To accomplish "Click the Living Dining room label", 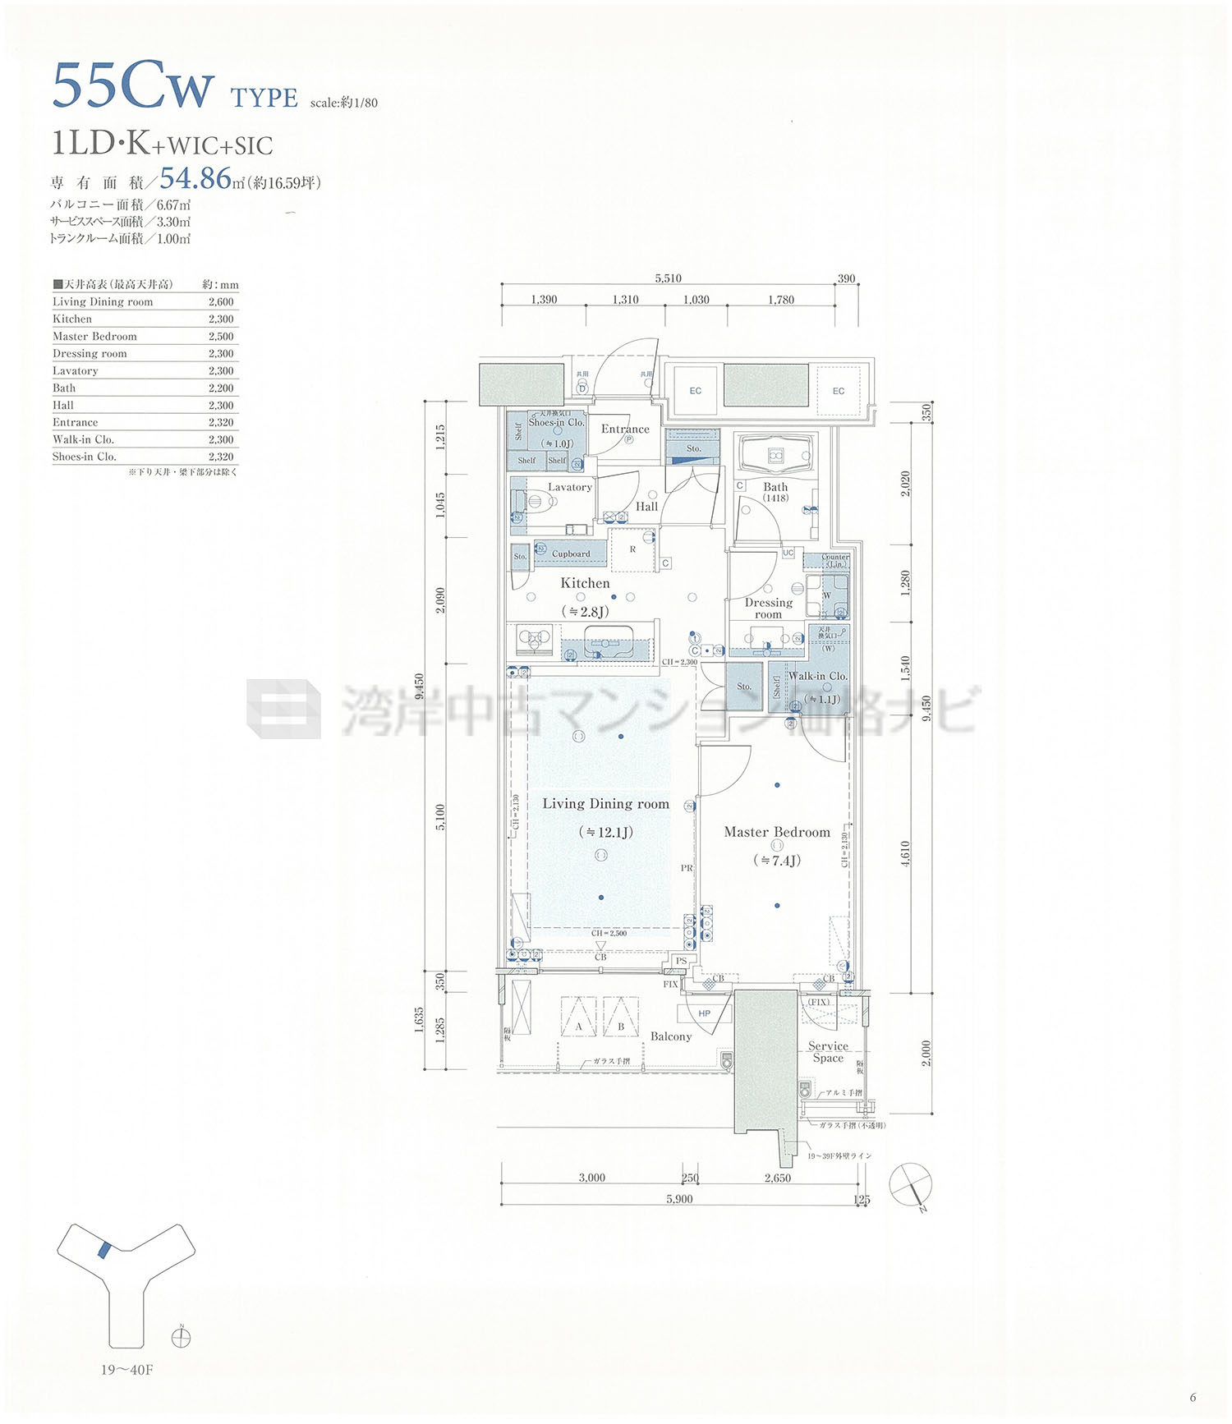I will click(x=605, y=804).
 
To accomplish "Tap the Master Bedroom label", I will click(x=777, y=832).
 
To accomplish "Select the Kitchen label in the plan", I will click(x=585, y=583).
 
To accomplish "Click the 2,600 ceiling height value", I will click(x=221, y=302).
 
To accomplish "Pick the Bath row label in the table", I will click(x=64, y=388).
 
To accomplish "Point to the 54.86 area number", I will click(x=195, y=178).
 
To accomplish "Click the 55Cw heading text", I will click(x=134, y=86).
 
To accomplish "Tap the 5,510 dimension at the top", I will click(x=668, y=278).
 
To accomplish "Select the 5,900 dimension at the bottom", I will click(x=679, y=1199).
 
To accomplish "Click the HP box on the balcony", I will click(x=704, y=1013).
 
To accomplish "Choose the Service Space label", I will click(x=828, y=1052).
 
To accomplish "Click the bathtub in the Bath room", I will click(x=775, y=456).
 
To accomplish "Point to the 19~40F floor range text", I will click(x=127, y=1370).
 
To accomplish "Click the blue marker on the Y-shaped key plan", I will click(x=103, y=1251).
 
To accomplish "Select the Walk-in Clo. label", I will click(x=817, y=676).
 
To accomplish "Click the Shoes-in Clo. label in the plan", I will click(x=556, y=422).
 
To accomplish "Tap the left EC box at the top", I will click(x=695, y=391).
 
